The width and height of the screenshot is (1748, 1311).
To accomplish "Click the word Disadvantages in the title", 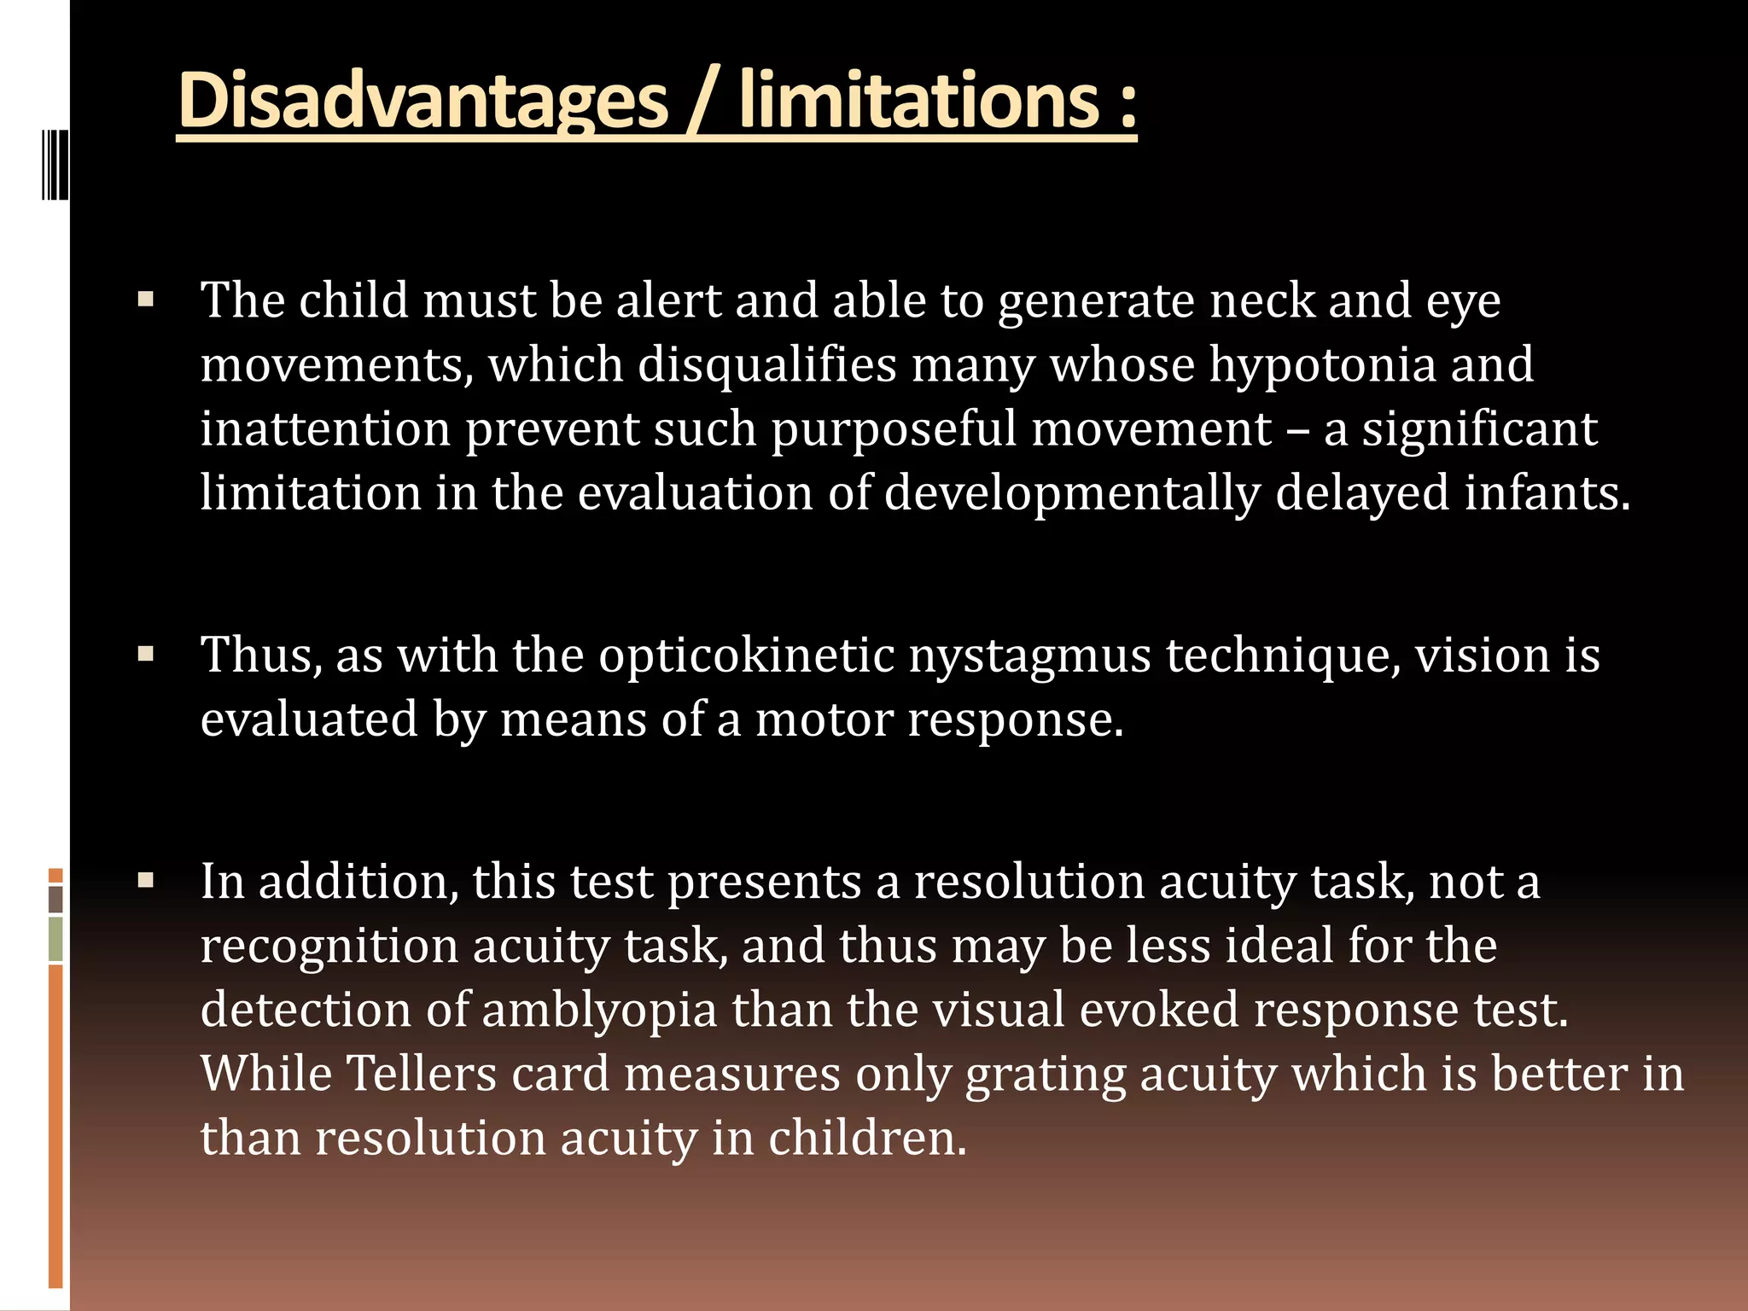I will (x=422, y=101).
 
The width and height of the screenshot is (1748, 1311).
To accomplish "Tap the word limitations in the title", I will (x=922, y=101).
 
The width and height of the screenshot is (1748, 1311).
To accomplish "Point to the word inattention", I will (x=325, y=429).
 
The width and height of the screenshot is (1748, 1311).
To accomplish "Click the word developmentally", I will (x=1071, y=493).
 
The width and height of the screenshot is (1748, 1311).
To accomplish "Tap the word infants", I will (x=1547, y=493).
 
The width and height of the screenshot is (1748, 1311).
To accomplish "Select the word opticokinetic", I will (x=746, y=655).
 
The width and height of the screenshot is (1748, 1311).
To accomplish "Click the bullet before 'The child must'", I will (x=146, y=300).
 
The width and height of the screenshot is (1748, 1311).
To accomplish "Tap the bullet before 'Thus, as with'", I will (x=146, y=655).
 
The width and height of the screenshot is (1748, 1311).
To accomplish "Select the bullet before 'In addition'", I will (x=146, y=881).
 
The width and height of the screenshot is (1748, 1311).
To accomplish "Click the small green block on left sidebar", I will (x=55, y=939).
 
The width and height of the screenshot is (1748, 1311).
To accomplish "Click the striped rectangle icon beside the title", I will (x=54, y=164).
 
